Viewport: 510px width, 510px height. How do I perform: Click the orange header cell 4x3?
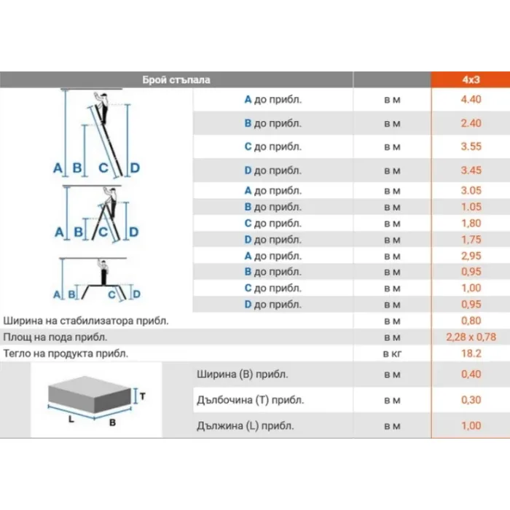coord(471,79)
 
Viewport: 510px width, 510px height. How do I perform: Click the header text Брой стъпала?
coord(176,80)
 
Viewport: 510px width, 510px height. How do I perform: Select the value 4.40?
coord(471,99)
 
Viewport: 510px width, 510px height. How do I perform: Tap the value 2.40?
coord(471,123)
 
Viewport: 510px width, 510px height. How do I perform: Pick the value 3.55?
coord(471,146)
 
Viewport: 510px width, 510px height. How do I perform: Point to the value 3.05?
coord(471,190)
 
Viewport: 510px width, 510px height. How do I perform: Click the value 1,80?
coord(471,223)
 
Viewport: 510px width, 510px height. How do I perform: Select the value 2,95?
coord(471,256)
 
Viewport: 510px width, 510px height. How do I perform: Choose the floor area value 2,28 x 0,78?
coord(471,337)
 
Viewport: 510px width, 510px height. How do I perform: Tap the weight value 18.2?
coord(471,353)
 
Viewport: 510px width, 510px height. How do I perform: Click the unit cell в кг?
coord(392,353)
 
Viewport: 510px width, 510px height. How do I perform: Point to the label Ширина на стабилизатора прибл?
coord(86,321)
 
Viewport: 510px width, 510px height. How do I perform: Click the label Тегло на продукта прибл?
coord(66,353)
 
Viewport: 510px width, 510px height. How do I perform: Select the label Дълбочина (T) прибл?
coord(250,400)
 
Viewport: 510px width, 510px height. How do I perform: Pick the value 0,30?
coord(471,400)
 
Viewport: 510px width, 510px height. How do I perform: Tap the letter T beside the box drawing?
coord(143,396)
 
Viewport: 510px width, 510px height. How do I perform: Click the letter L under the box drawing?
coord(71,419)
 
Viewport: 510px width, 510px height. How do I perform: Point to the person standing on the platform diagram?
coord(103,272)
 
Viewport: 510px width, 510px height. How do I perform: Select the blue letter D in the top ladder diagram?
coord(135,168)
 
